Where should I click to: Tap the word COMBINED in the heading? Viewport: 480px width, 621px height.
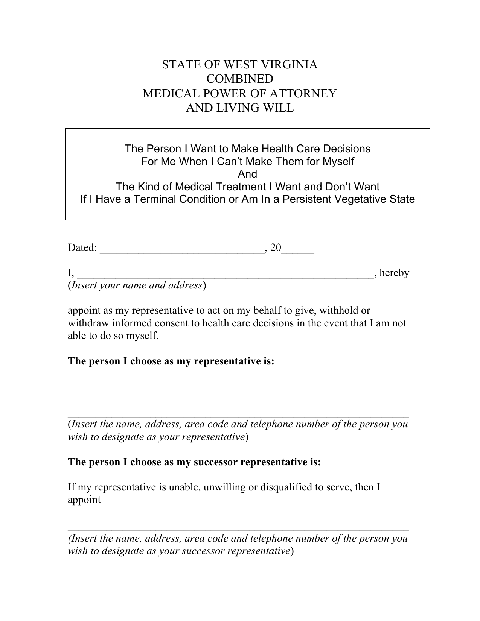pos(240,79)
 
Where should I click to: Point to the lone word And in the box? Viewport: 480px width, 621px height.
pos(247,174)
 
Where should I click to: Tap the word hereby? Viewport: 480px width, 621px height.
pos(394,273)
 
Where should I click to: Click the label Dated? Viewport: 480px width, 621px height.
pos(82,247)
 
